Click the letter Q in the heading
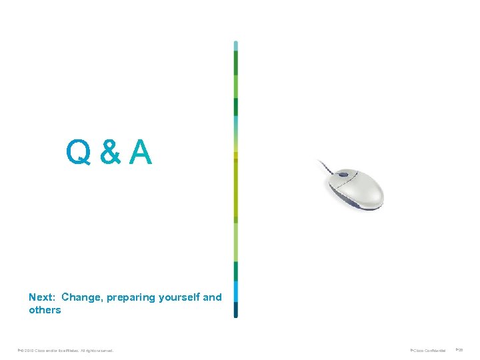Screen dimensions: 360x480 coord(79,153)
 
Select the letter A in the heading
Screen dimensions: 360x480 coord(141,153)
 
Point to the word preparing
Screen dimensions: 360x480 coord(133,297)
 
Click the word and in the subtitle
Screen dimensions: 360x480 coord(212,297)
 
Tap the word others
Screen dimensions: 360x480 coord(45,310)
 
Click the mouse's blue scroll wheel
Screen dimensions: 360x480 coord(343,175)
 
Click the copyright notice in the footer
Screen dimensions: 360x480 coord(67,350)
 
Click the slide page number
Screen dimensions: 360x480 coord(459,349)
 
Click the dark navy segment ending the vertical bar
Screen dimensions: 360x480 coord(236,309)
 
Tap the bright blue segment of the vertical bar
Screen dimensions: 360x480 coord(236,291)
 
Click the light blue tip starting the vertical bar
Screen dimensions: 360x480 coord(236,45)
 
